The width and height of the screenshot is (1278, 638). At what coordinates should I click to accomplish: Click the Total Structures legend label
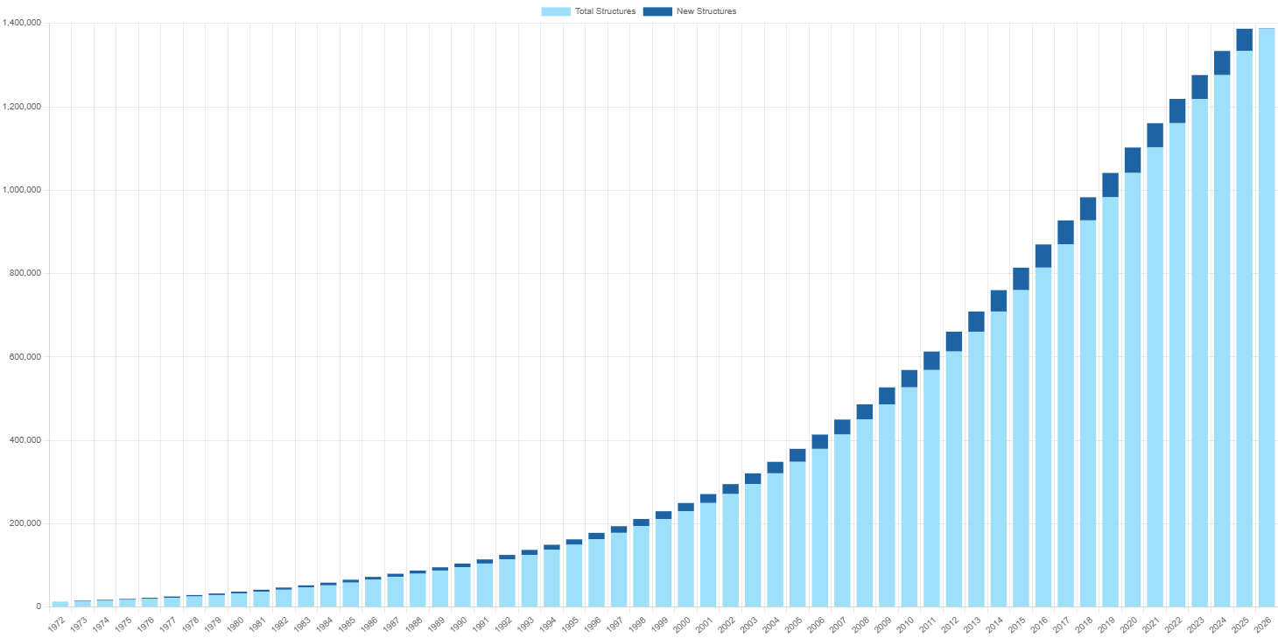click(x=604, y=11)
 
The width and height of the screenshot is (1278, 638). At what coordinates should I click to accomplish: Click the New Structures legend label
click(x=706, y=11)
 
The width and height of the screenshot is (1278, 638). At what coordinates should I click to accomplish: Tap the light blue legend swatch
click(x=555, y=11)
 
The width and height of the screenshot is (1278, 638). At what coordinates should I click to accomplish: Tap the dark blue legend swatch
click(x=657, y=11)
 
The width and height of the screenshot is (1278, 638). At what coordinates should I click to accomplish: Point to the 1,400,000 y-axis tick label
click(x=21, y=23)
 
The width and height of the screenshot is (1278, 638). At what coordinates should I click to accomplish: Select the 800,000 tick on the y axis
click(x=25, y=273)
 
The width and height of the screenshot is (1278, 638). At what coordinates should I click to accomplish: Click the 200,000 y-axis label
click(x=25, y=523)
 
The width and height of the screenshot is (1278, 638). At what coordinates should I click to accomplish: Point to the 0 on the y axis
click(x=38, y=606)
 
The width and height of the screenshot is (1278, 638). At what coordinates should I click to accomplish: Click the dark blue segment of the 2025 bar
click(x=1244, y=39)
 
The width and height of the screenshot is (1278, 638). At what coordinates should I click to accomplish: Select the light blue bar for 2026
click(x=1267, y=315)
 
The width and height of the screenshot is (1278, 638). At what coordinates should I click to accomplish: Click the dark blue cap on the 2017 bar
click(x=1065, y=232)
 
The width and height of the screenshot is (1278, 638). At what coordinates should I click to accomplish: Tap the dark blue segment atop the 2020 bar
click(x=1133, y=160)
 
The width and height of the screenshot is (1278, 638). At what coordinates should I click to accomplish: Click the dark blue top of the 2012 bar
click(x=954, y=341)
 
